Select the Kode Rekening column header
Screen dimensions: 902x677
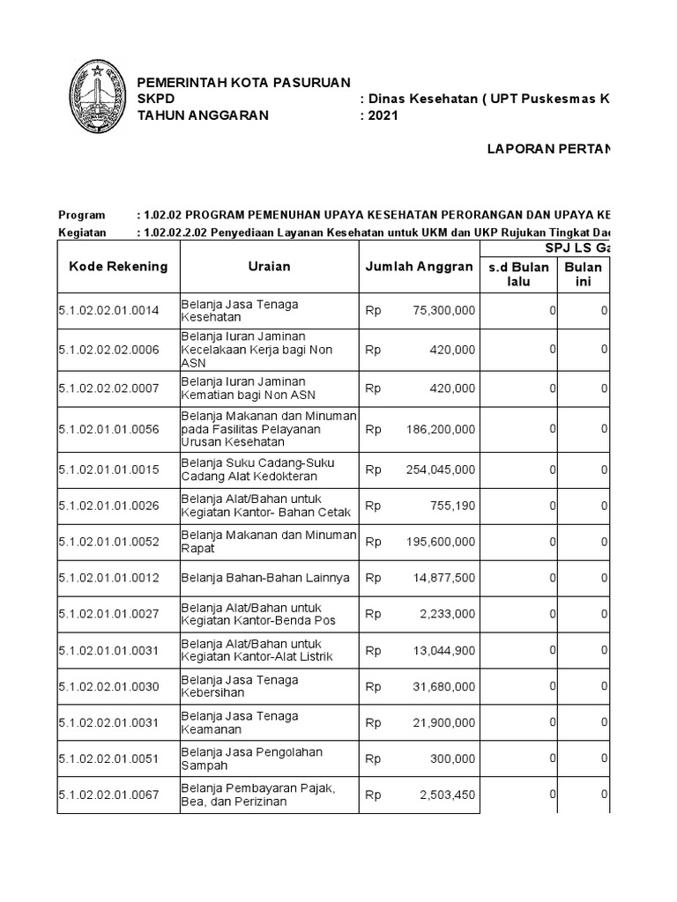coord(118,266)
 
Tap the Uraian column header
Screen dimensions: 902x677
coord(269,266)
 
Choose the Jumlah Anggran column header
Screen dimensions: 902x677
coord(419,266)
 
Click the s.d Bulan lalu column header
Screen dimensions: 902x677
coord(518,274)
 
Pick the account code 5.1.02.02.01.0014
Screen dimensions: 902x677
coord(108,311)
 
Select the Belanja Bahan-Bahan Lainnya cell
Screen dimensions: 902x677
coord(265,578)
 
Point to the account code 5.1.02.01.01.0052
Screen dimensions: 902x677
coord(108,542)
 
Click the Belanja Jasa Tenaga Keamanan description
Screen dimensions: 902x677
coord(239,722)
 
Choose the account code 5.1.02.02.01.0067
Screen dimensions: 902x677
coord(108,795)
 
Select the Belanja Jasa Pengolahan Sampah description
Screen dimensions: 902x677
coord(251,758)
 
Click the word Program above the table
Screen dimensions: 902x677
coord(81,215)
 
